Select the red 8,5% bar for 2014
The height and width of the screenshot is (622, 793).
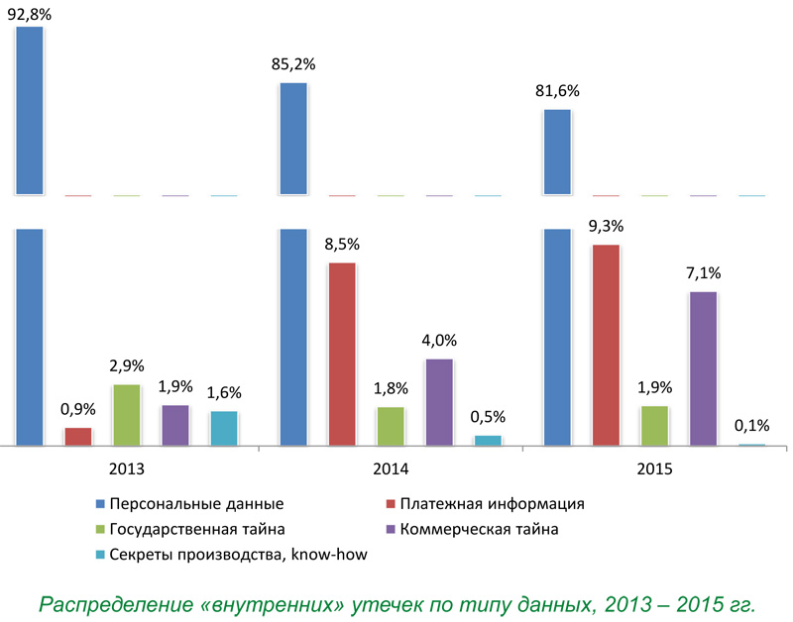pyautogui.click(x=342, y=354)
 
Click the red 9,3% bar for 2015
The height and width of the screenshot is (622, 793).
pyautogui.click(x=606, y=345)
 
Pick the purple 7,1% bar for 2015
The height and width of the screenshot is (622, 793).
pyautogui.click(x=703, y=368)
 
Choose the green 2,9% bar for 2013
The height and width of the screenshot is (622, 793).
pyautogui.click(x=126, y=415)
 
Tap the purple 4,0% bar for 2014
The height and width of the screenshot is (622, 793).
pyautogui.click(x=439, y=402)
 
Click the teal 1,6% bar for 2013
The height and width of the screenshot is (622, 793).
pyautogui.click(x=224, y=428)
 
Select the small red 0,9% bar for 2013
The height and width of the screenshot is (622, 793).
pyautogui.click(x=77, y=437)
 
